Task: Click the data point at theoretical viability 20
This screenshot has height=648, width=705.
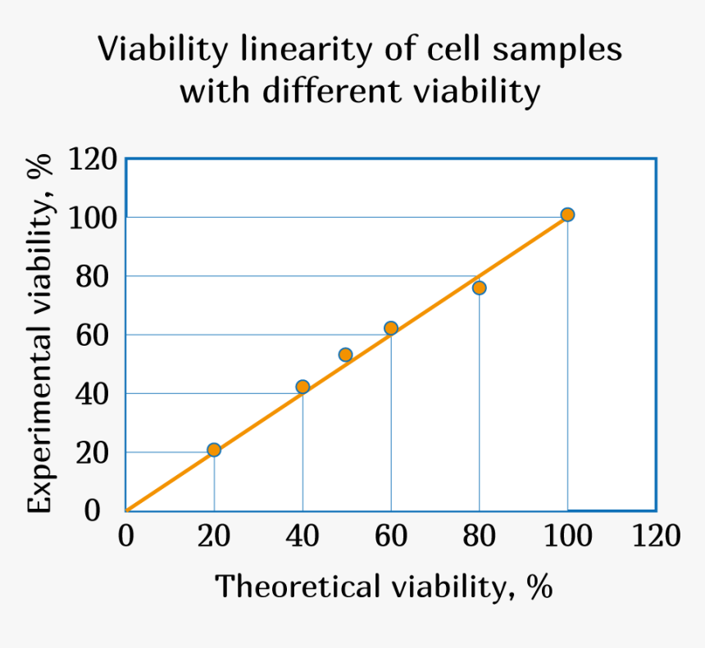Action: pyautogui.click(x=214, y=450)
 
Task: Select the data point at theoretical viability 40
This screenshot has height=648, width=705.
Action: pyautogui.click(x=302, y=387)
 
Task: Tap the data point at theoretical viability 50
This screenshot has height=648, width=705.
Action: pyautogui.click(x=345, y=355)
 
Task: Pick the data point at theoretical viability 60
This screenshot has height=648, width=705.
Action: pyautogui.click(x=391, y=329)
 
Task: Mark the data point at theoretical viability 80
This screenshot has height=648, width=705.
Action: pyautogui.click(x=480, y=288)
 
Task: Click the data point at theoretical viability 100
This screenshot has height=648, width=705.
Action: pyautogui.click(x=567, y=215)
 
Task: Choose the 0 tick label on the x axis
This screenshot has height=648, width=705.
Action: pyautogui.click(x=126, y=537)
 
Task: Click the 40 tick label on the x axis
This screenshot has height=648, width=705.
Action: pyautogui.click(x=302, y=537)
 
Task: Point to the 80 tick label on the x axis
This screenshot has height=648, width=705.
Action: pyautogui.click(x=479, y=537)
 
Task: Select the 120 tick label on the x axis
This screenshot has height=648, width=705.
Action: pyautogui.click(x=655, y=537)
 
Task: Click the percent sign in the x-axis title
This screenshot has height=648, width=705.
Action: pyautogui.click(x=539, y=587)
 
